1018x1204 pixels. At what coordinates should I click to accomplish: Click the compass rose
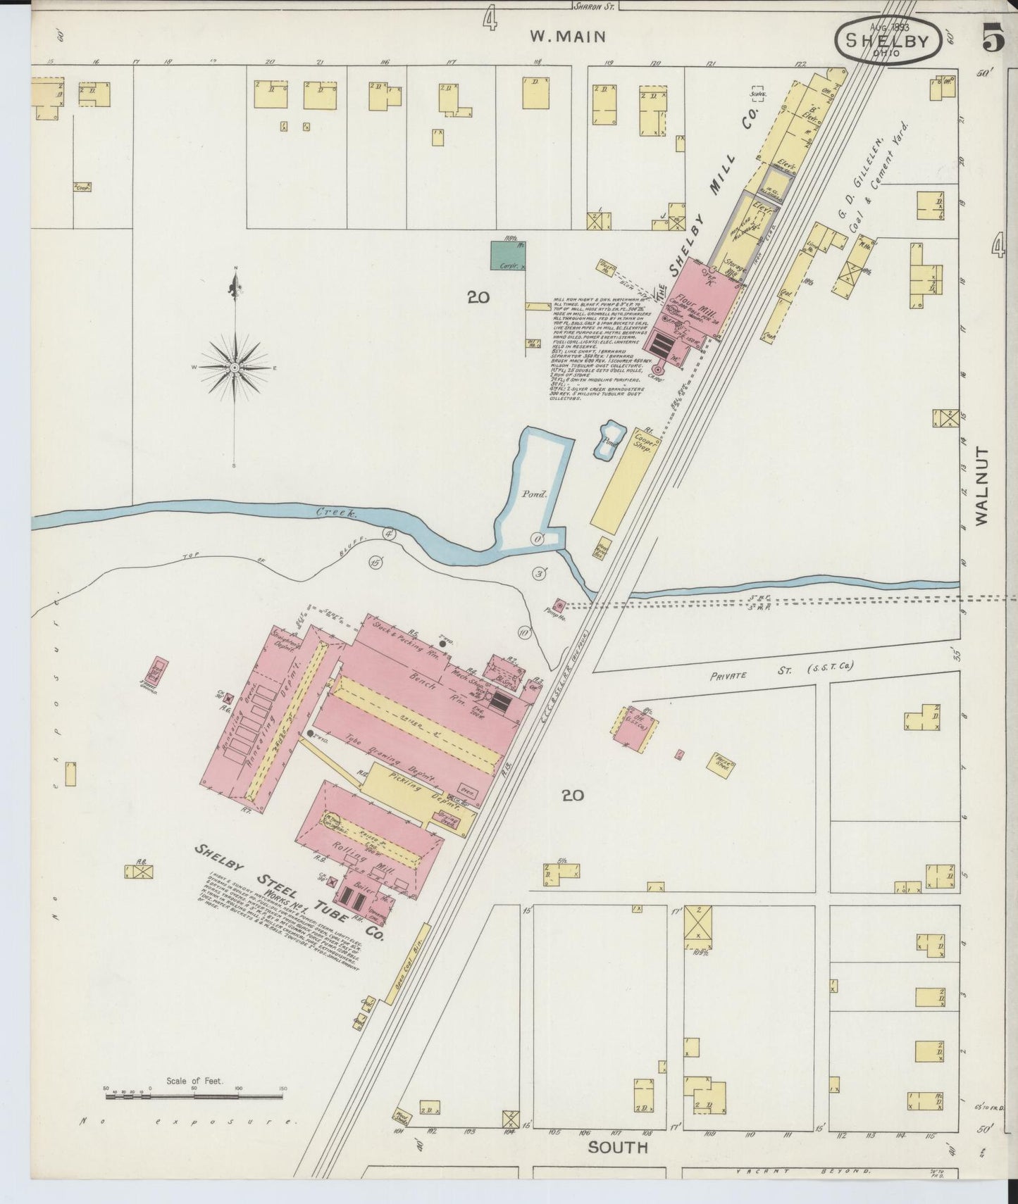pos(235,368)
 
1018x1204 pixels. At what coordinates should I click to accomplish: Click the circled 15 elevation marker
pos(375,562)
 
